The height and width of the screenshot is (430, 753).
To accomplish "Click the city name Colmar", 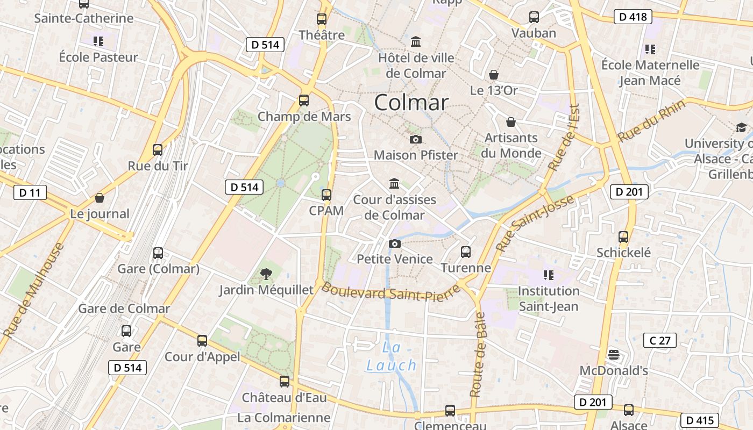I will (411, 103).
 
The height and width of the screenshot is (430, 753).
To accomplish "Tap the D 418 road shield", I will (633, 17).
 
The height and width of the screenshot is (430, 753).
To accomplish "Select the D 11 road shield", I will (30, 192).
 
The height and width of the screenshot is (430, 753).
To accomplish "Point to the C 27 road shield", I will (659, 340).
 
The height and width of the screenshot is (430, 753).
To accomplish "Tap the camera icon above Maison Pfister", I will (415, 140).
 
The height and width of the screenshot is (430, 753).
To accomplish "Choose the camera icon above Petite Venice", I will (395, 243).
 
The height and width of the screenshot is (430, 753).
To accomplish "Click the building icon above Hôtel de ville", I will (416, 42).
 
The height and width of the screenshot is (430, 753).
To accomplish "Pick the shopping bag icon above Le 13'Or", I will (493, 75).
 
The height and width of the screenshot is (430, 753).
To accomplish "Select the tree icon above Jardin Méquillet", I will (266, 275).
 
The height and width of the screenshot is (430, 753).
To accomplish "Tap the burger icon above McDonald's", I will (613, 355).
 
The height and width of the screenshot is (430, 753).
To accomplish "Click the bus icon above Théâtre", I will (322, 19).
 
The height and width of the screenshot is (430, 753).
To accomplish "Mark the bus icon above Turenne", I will (466, 252).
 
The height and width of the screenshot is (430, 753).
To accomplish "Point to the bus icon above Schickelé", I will (623, 236).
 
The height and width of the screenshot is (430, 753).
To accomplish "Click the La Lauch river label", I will (392, 357).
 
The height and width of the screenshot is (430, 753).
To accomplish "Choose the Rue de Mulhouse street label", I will (33, 291).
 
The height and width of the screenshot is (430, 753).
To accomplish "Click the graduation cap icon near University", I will (741, 128).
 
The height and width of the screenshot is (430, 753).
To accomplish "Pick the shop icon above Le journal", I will (100, 198).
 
